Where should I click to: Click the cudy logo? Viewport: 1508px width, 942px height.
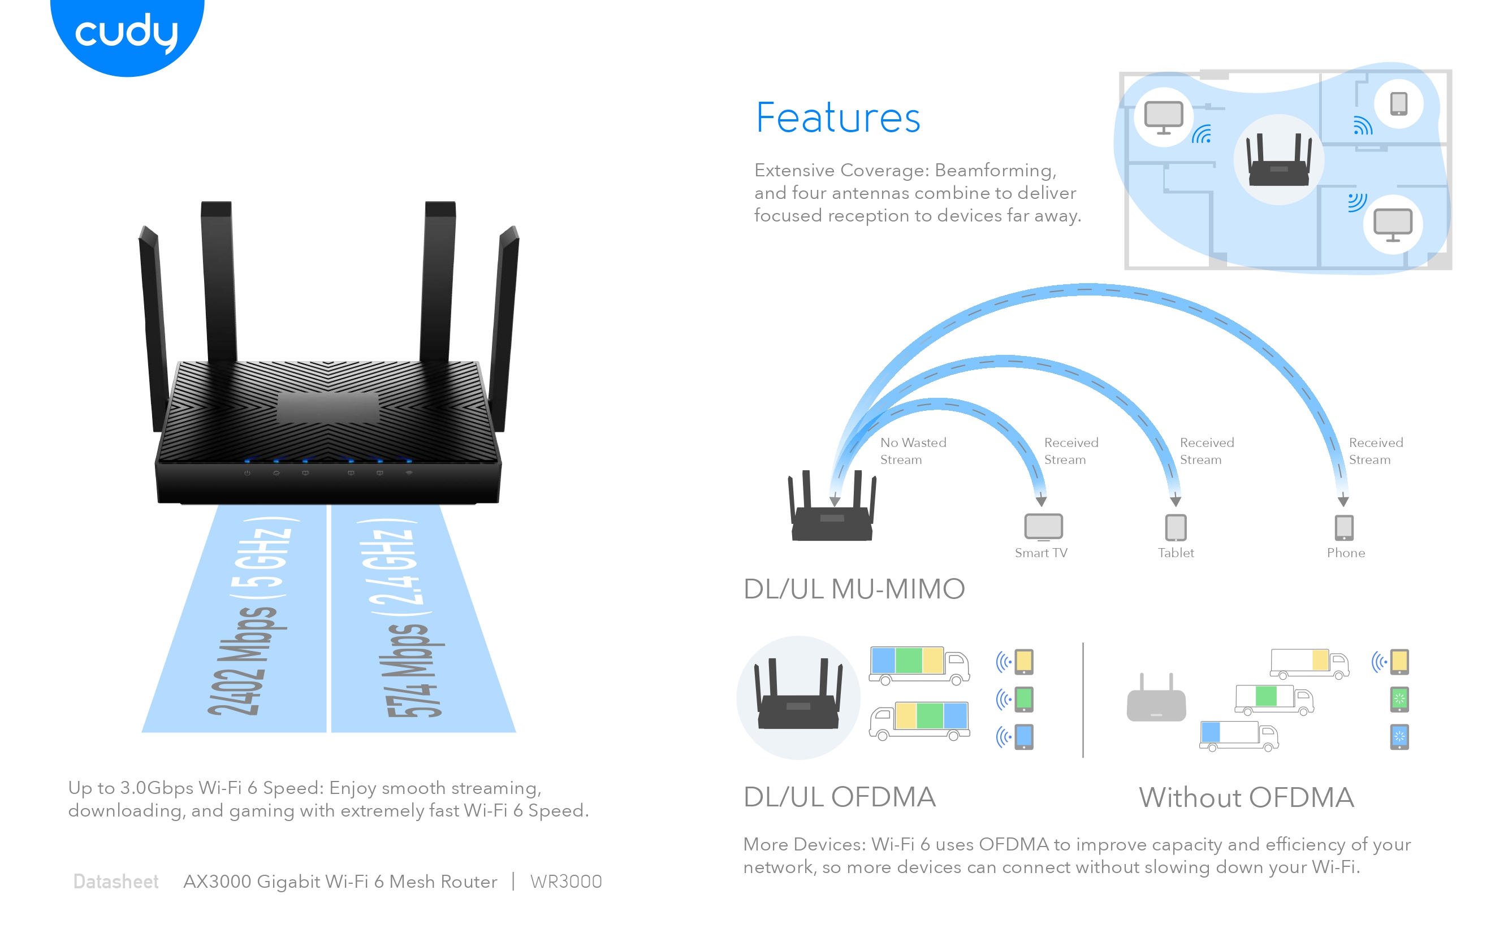tap(127, 32)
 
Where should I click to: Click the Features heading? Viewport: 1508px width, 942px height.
tap(838, 118)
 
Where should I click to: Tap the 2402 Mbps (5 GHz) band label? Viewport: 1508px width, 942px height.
tap(249, 620)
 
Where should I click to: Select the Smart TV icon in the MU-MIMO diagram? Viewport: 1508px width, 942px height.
tap(1043, 527)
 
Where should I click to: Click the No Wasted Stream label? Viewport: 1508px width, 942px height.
tap(913, 451)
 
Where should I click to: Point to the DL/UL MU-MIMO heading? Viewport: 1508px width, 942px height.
tap(853, 589)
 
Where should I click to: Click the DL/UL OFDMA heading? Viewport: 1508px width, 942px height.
tap(839, 797)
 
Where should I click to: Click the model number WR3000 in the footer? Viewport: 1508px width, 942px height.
tap(565, 882)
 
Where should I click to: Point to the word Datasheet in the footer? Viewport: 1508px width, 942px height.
tap(116, 882)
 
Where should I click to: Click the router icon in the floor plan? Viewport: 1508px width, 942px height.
tap(1278, 160)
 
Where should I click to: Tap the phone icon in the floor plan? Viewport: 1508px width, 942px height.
tap(1398, 103)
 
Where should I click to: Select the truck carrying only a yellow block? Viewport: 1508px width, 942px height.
tap(1309, 663)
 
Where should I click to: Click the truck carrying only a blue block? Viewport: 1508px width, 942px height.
tap(1239, 736)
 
